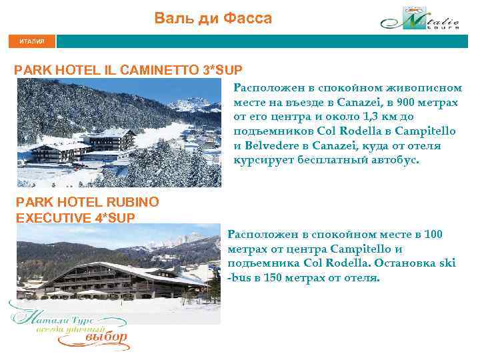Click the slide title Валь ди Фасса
tap(213, 19)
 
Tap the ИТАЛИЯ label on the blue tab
tap(32, 41)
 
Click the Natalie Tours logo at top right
tap(419, 19)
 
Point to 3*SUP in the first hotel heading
tap(222, 69)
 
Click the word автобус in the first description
tap(396, 160)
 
